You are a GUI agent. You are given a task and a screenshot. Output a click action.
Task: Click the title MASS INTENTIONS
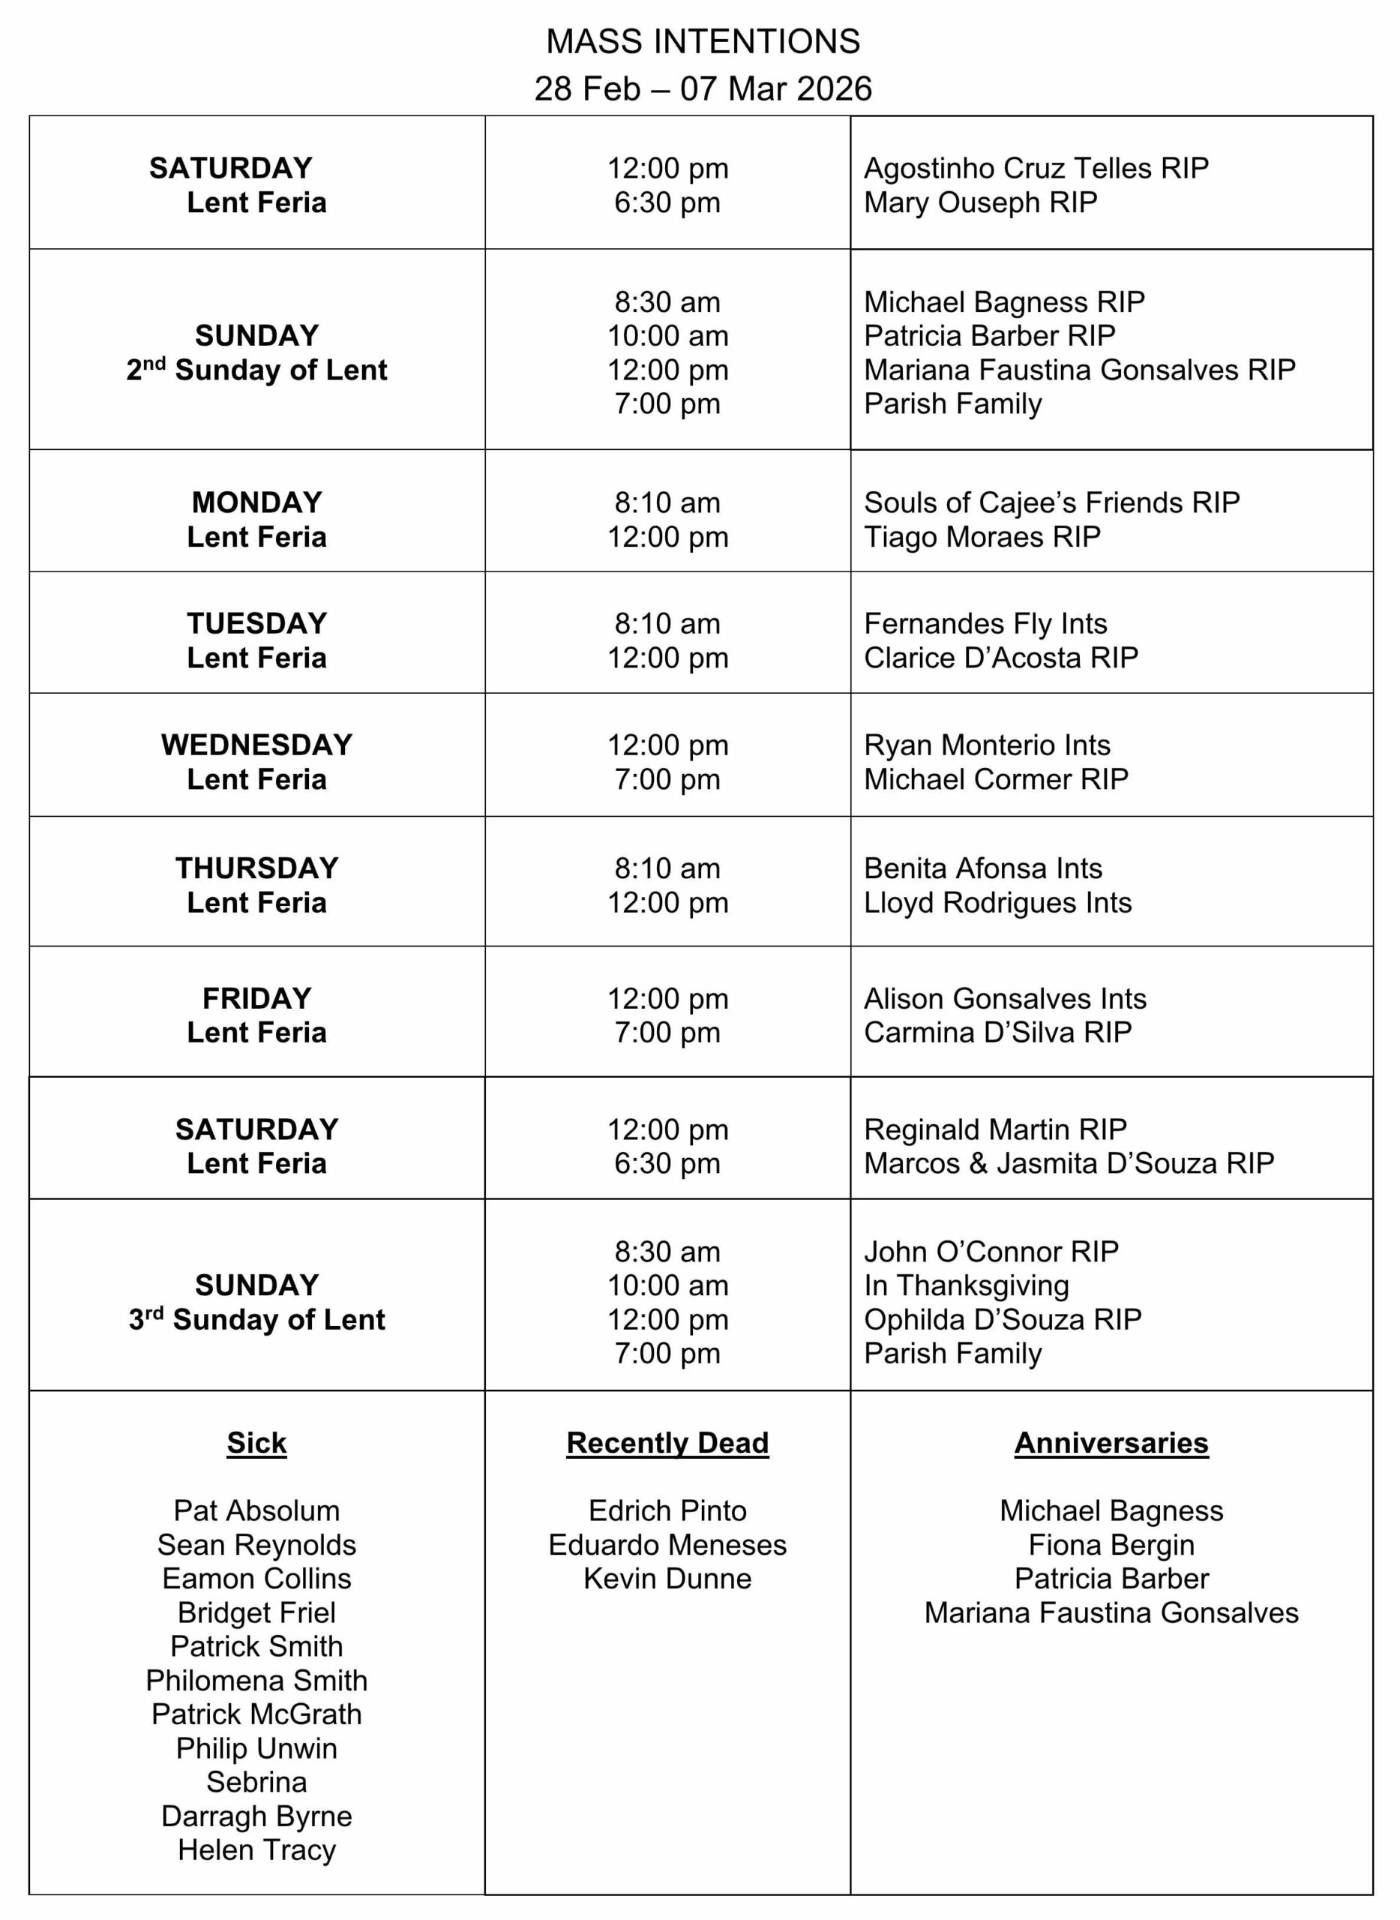tap(703, 40)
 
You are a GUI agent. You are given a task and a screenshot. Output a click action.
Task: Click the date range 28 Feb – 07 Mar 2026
tap(703, 88)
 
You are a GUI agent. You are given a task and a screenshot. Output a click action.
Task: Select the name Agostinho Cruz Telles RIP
tap(1036, 168)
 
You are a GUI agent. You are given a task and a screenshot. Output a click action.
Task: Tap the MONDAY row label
tap(256, 502)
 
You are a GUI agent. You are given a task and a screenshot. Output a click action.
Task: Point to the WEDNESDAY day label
tap(256, 744)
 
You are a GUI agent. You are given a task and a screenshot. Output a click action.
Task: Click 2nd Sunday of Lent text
tap(256, 370)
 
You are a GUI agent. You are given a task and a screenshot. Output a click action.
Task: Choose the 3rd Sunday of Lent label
tap(256, 1319)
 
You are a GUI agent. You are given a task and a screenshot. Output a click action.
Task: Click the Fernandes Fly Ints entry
tap(985, 623)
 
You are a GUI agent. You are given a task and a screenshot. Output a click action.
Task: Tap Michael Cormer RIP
tap(996, 779)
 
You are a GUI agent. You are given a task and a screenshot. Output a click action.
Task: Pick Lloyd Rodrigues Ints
tap(997, 902)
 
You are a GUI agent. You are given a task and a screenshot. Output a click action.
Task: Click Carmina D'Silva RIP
tap(997, 1032)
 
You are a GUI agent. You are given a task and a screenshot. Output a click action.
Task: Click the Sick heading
tap(256, 1443)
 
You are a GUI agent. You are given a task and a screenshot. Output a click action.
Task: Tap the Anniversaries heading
tap(1111, 1443)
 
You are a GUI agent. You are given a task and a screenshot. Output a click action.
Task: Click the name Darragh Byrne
tap(256, 1816)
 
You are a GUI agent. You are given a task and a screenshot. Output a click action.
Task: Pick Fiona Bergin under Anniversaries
tap(1111, 1544)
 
